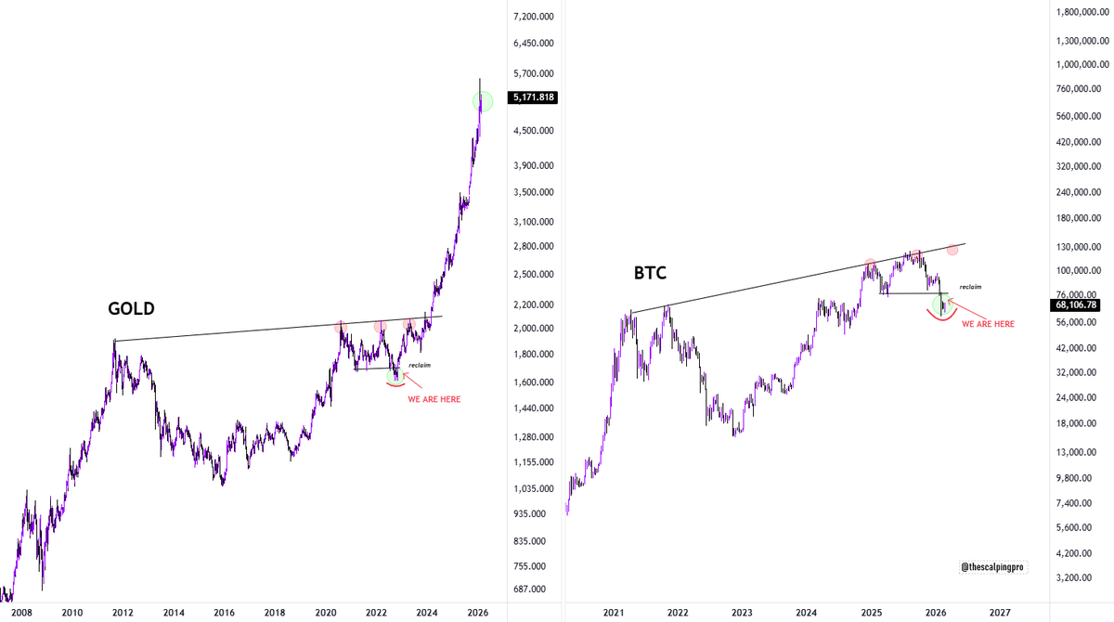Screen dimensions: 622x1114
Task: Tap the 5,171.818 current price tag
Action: pos(533,97)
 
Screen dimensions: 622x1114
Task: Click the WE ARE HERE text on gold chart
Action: pos(434,399)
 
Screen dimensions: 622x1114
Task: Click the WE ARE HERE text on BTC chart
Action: pos(988,324)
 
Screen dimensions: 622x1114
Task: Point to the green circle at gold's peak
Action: pos(484,101)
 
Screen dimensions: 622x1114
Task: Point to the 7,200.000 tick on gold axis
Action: pos(534,17)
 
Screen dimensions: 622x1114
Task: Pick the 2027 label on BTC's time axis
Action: pos(1000,613)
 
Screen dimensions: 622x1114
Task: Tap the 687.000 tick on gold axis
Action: pos(537,590)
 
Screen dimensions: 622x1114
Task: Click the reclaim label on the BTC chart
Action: pos(970,287)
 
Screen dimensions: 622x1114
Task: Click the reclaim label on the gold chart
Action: pos(420,365)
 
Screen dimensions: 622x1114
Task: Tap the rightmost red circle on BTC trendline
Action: pos(952,250)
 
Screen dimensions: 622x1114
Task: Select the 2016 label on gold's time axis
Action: pos(224,613)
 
